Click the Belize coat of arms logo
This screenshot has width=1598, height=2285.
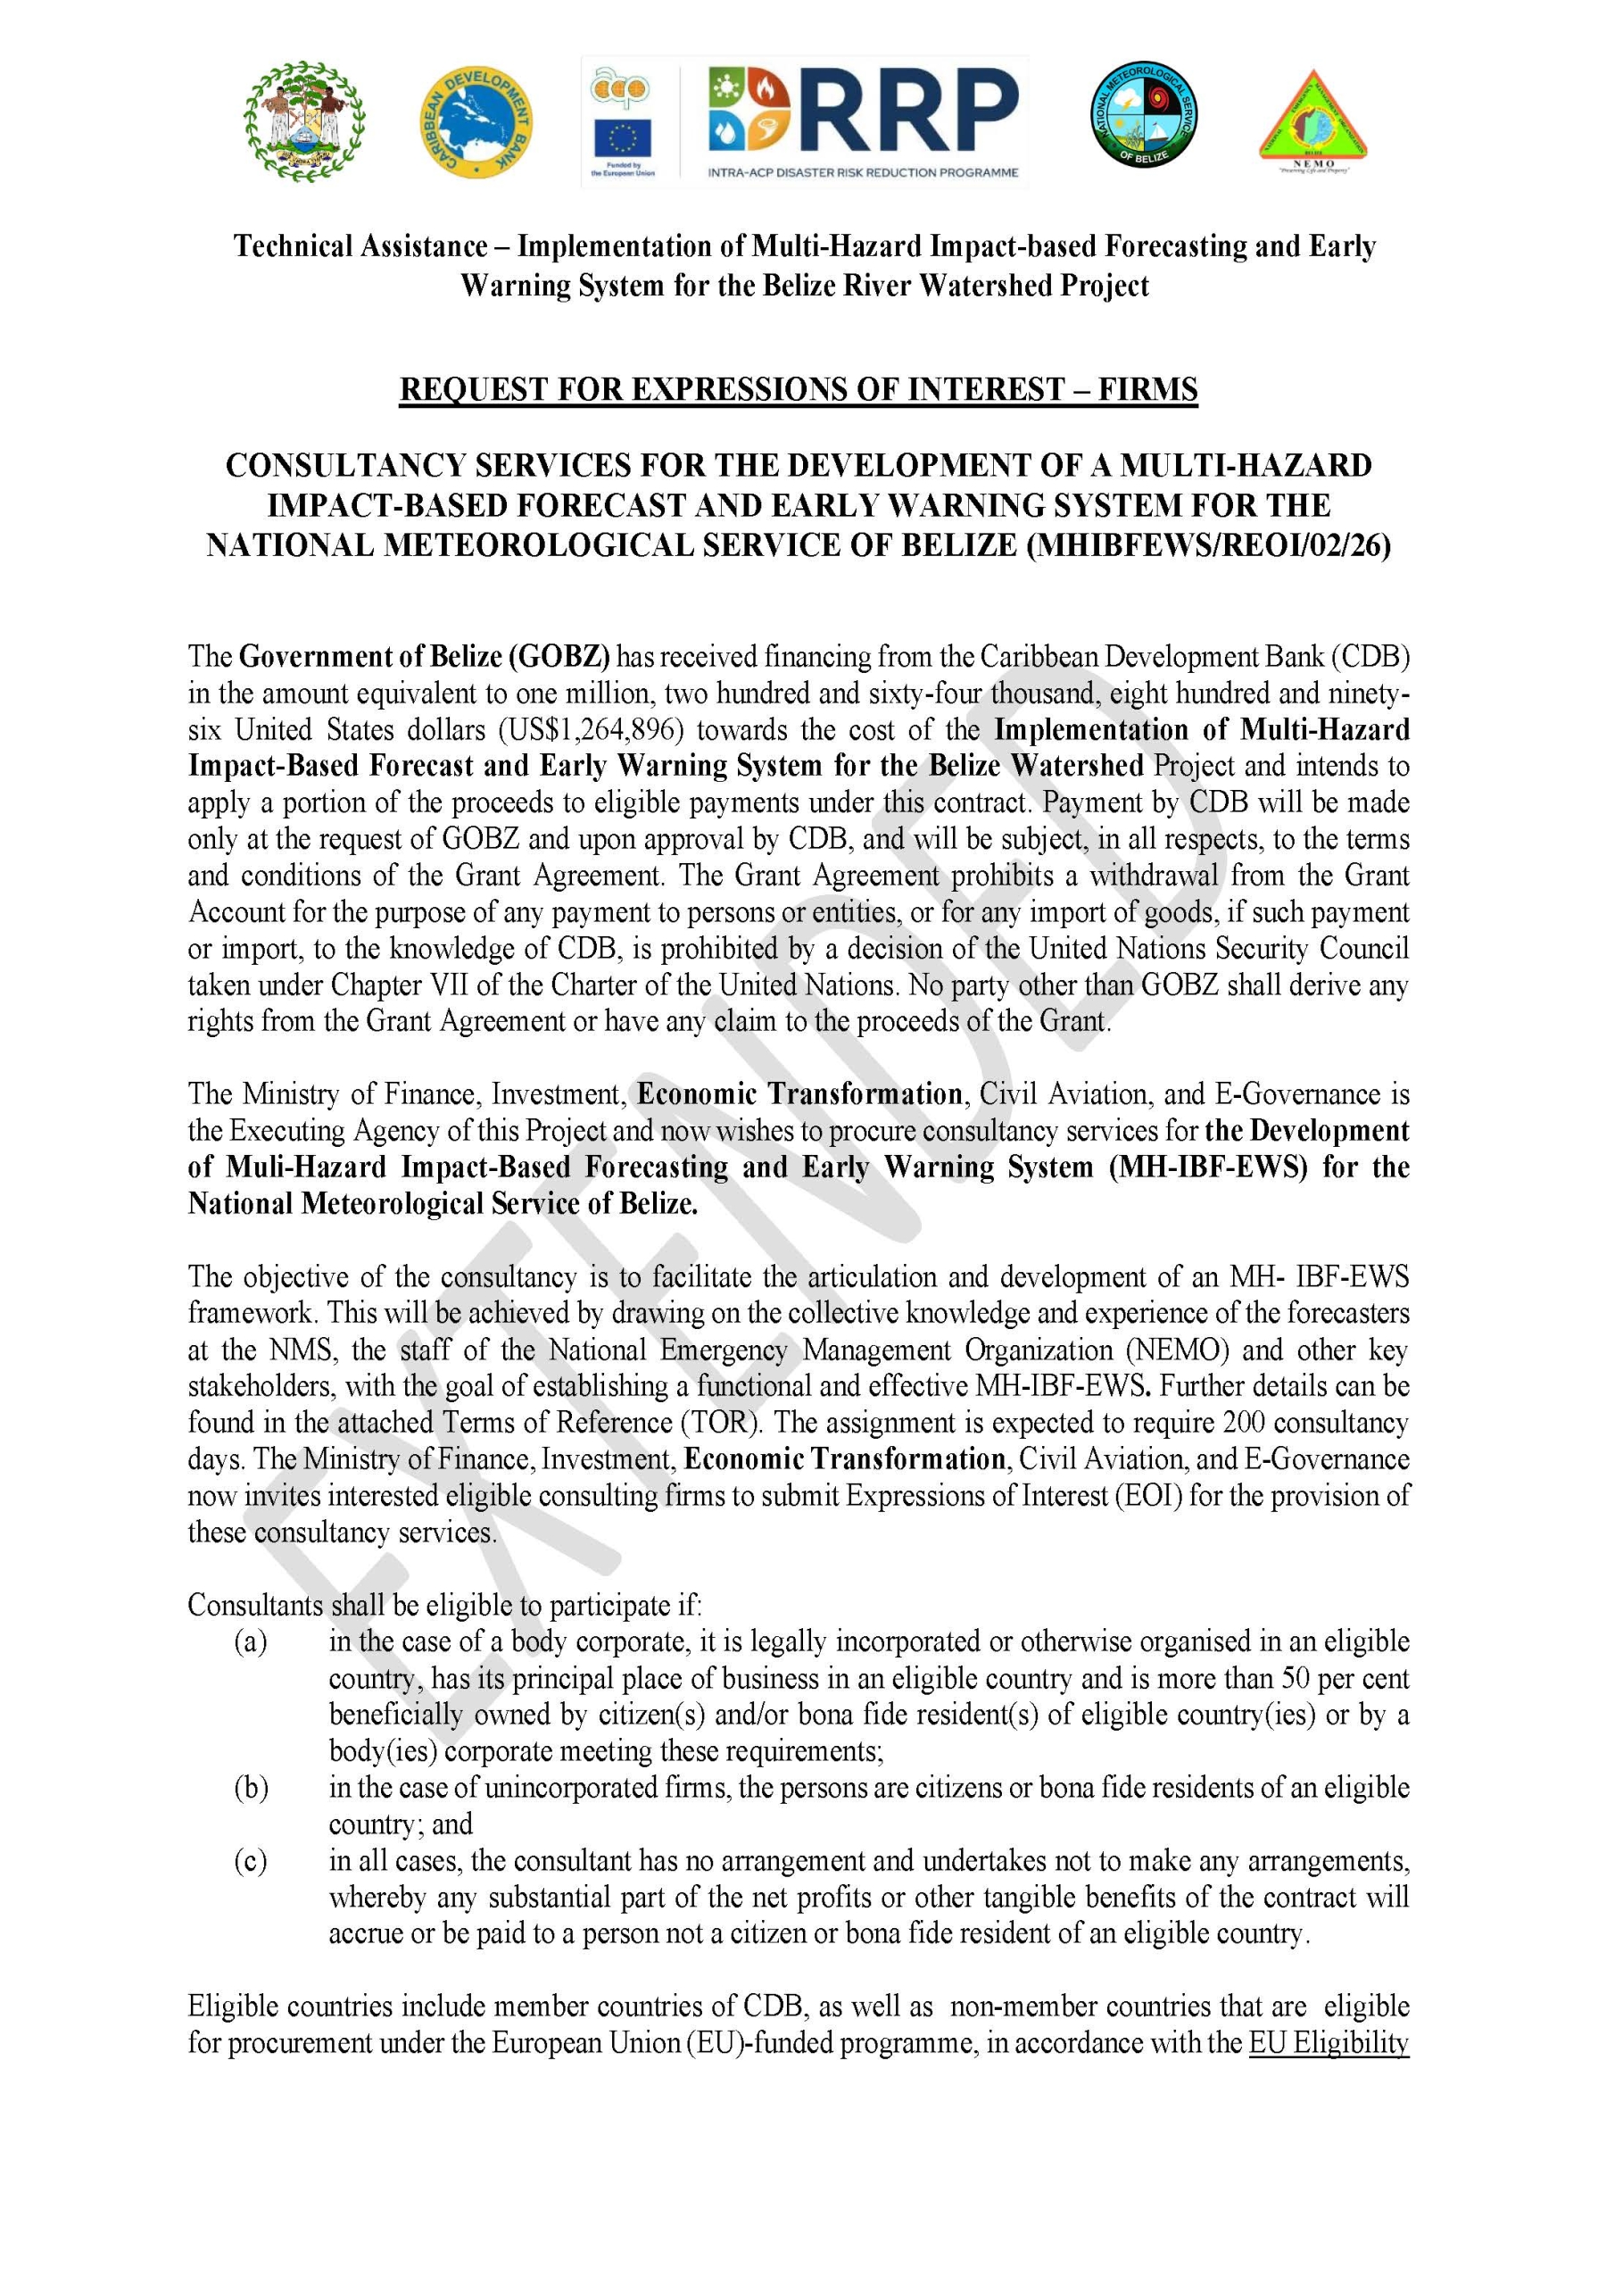click(x=304, y=120)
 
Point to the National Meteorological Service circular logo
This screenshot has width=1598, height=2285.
click(x=1142, y=114)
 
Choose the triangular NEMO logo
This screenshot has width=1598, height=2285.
click(x=1312, y=120)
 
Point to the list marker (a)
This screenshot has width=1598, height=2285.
click(x=251, y=1641)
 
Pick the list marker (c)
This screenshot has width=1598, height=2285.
click(x=251, y=1861)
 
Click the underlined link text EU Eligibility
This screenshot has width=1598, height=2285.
click(x=1329, y=2043)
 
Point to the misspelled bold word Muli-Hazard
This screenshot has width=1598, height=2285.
click(x=306, y=1167)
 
